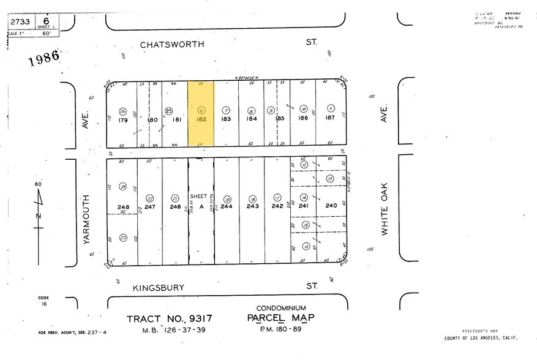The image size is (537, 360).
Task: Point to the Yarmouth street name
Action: point(86,220)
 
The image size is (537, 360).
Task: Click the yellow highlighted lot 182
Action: point(201,113)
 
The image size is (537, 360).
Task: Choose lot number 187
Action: point(330,118)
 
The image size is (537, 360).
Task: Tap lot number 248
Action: point(123,207)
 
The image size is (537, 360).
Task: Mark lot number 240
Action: point(331,206)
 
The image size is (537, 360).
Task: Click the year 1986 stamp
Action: point(43,59)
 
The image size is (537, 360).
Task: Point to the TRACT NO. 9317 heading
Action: point(169,319)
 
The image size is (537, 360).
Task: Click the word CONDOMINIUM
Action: point(281,308)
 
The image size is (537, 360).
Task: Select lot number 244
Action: point(227,206)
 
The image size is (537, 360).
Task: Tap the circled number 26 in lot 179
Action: point(123,111)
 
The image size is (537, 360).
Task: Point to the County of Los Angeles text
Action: point(480,339)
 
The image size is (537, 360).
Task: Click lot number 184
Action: point(252,118)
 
